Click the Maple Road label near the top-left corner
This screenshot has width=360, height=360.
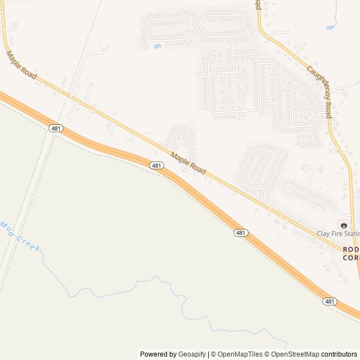point(21,65)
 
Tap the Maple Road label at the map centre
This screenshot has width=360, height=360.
point(188,164)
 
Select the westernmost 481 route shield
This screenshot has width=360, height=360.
point(56,129)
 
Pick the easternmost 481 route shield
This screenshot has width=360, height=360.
point(330,301)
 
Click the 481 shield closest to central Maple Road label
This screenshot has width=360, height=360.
point(157,165)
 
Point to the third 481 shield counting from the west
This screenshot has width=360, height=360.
point(241,232)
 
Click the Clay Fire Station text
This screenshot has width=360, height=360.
point(338,233)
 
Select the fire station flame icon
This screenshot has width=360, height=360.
point(343,224)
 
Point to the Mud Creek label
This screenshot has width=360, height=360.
point(20,236)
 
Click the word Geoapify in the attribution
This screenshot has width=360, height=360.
point(192,354)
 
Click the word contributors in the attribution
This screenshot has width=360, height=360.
point(339,354)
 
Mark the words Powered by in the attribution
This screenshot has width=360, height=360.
point(158,354)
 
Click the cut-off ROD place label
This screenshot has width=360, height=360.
point(351,249)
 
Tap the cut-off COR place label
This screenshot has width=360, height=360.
point(351,258)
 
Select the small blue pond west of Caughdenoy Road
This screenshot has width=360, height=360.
point(157,46)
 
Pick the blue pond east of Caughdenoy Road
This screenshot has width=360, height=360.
point(331,26)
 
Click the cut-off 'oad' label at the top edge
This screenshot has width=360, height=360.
point(258,4)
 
